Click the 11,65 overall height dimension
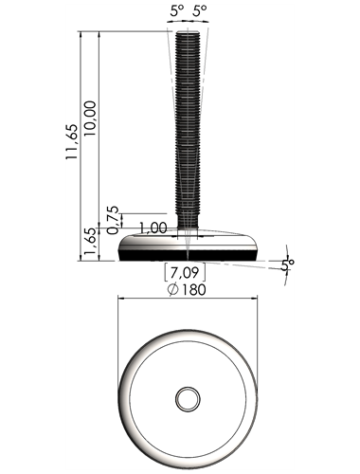coord(71,141)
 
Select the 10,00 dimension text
coord(90,118)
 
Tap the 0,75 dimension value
coord(113,220)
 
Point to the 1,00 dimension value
coord(153,228)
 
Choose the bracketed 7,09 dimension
coord(185,272)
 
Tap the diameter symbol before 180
coord(173,289)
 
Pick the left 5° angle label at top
coord(177,11)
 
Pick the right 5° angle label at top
coord(200,11)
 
